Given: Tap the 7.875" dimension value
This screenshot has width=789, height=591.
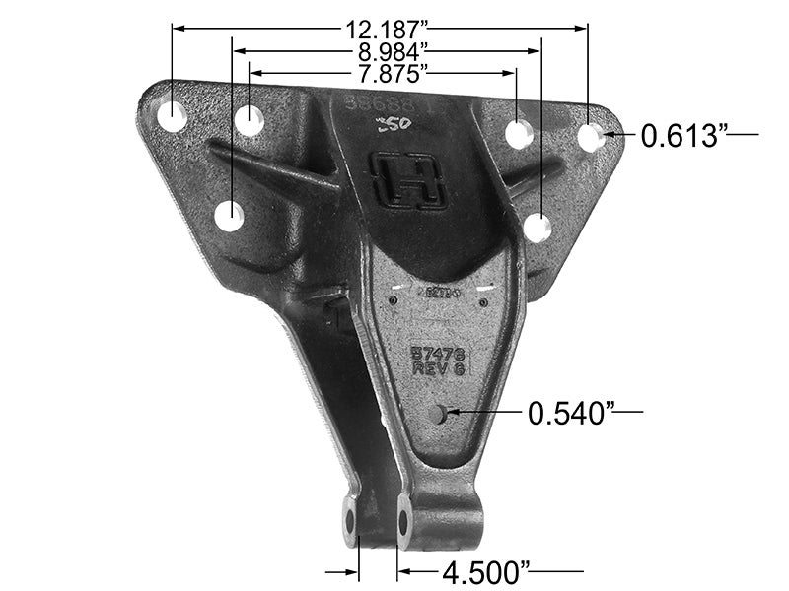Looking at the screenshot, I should coord(384,73).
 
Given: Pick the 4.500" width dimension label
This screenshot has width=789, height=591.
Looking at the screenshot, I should coord(487,571).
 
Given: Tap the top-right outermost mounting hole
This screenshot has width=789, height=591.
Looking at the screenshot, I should coord(590,138).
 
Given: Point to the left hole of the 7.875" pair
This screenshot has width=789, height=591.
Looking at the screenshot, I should coord(250,122).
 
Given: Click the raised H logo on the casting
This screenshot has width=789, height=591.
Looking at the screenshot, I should coord(406,180).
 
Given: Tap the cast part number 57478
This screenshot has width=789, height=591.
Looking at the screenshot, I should coord(438,352).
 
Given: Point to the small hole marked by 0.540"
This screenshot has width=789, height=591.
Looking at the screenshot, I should coord(439,415).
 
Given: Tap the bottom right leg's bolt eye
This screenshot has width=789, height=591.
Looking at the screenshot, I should coord(402,519).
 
